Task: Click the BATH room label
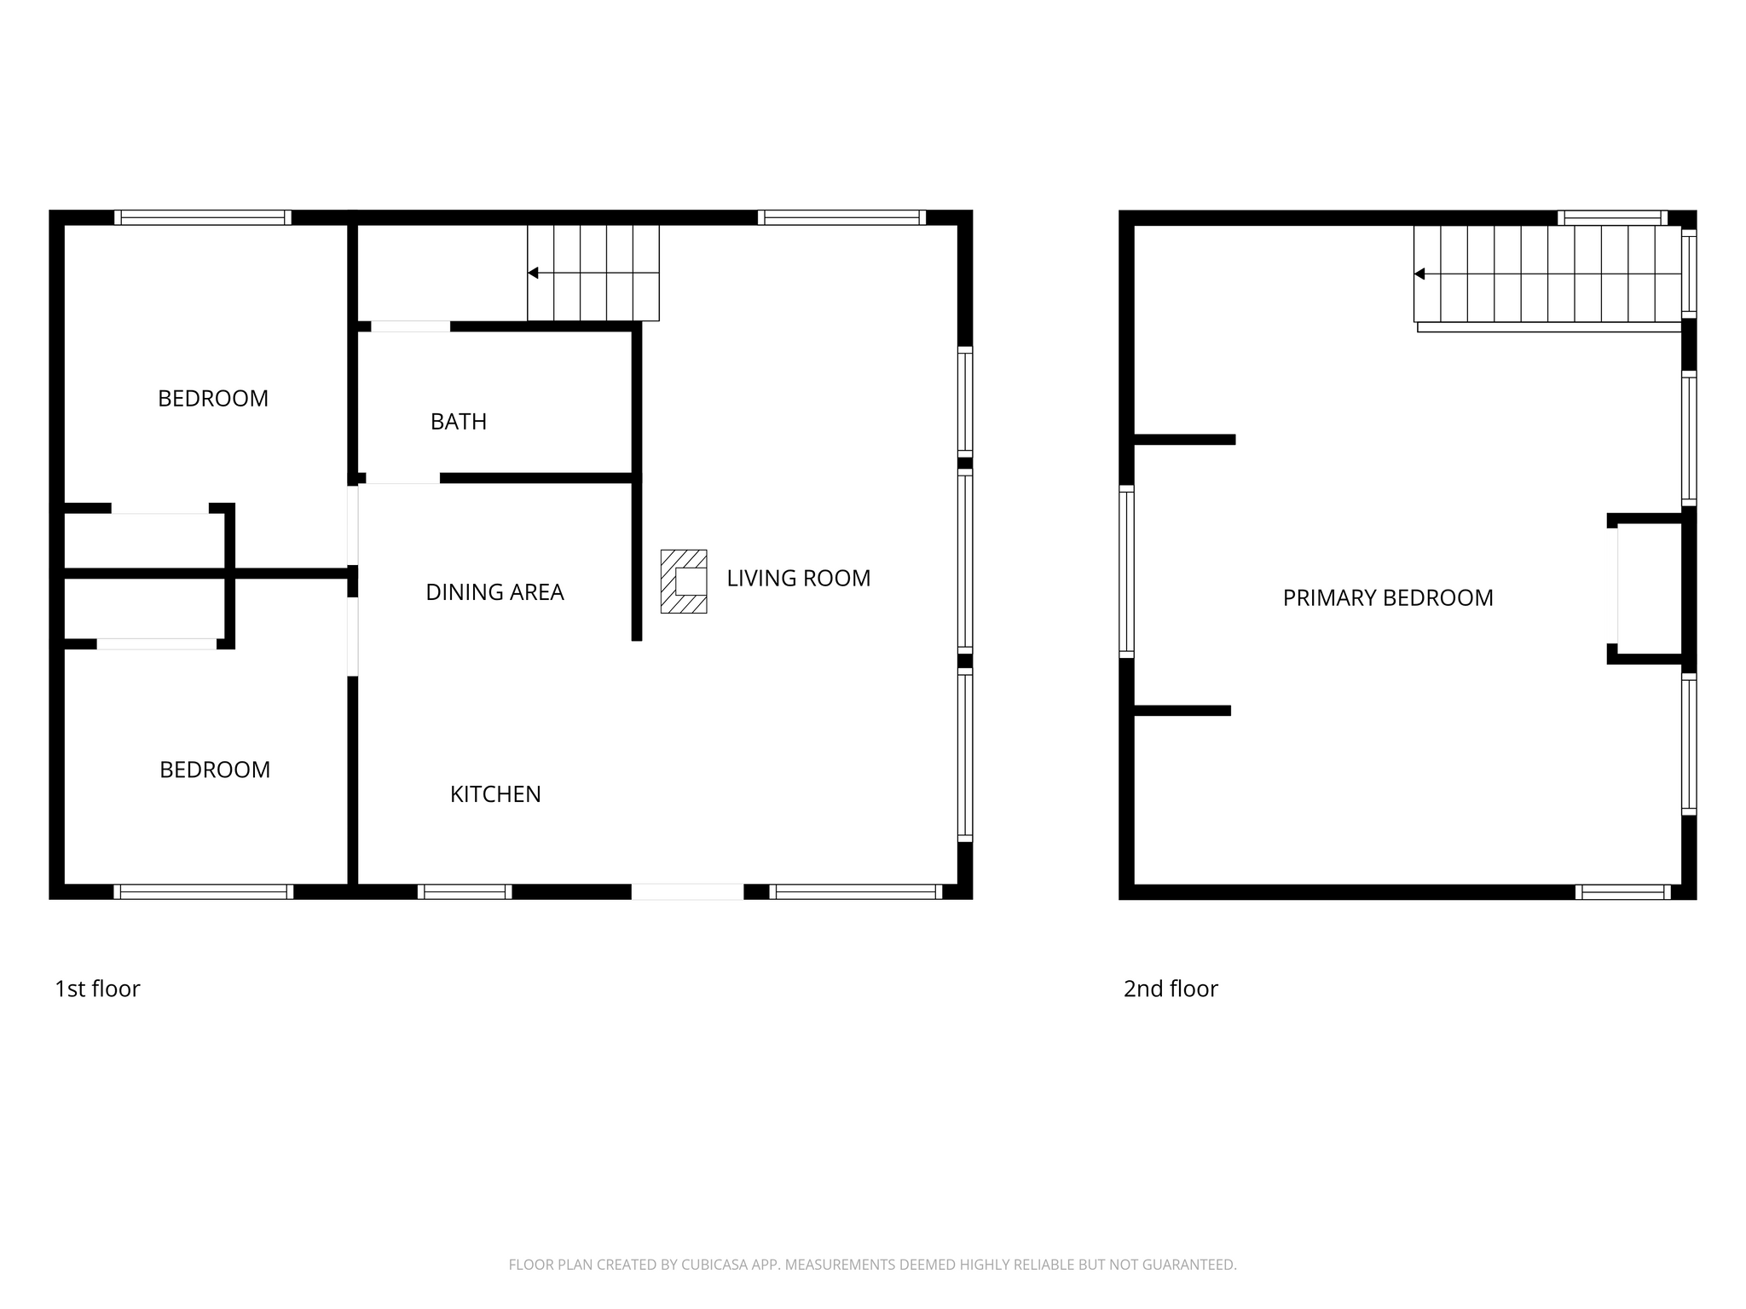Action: pyautogui.click(x=459, y=422)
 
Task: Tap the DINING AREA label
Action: pyautogui.click(x=494, y=592)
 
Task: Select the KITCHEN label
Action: pyautogui.click(x=495, y=794)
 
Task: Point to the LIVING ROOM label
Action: pyautogui.click(x=799, y=579)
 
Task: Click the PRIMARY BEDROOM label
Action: pyautogui.click(x=1388, y=598)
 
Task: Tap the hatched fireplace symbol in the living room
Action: pyautogui.click(x=684, y=581)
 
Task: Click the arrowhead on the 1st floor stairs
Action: pyautogui.click(x=533, y=273)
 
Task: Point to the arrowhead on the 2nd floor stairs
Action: pyautogui.click(x=1419, y=274)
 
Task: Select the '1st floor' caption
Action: pyautogui.click(x=97, y=989)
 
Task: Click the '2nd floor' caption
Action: pyautogui.click(x=1171, y=989)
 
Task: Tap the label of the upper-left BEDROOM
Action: pyautogui.click(x=213, y=399)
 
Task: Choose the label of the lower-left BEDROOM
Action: pyautogui.click(x=215, y=770)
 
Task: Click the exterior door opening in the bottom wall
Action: pyautogui.click(x=687, y=892)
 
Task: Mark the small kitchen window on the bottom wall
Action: pyautogui.click(x=465, y=892)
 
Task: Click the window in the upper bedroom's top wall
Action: pyautogui.click(x=203, y=217)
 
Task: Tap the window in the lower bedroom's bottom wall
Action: pyautogui.click(x=204, y=892)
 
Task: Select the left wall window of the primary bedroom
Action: pyautogui.click(x=1126, y=572)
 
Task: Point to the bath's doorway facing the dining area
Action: pyautogui.click(x=402, y=478)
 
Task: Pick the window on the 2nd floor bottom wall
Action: pyautogui.click(x=1623, y=892)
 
